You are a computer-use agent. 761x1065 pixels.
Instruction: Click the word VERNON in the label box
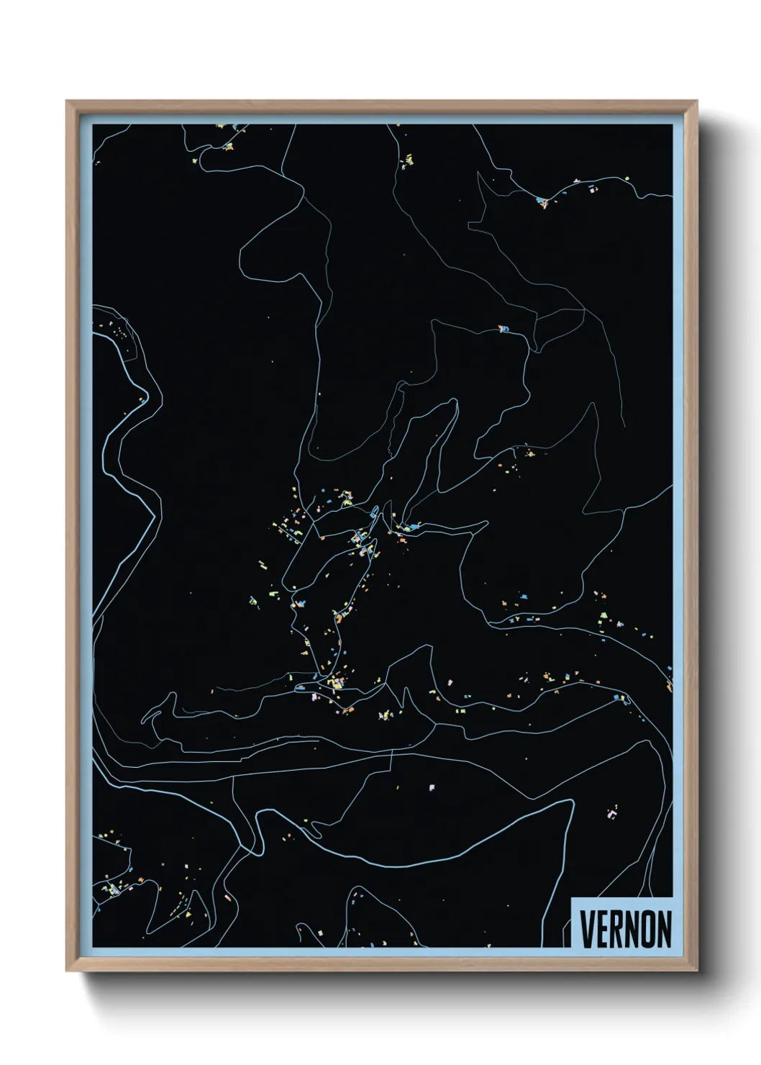pyautogui.click(x=625, y=929)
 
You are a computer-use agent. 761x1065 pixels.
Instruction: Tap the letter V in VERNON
pyautogui.click(x=587, y=929)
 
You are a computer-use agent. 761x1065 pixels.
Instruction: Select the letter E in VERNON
pyautogui.click(x=602, y=929)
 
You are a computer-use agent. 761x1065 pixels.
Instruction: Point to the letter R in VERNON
pyautogui.click(x=616, y=929)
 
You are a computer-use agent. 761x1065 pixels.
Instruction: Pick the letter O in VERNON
pyautogui.click(x=647, y=929)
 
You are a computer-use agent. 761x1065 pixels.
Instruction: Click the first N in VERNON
pyautogui.click(x=632, y=929)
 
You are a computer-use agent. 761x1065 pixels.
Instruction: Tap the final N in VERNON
pyautogui.click(x=664, y=929)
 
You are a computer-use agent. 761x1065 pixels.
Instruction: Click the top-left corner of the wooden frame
pyautogui.click(x=67, y=101)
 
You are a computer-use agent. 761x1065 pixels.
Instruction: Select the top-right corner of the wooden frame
pyautogui.click(x=696, y=101)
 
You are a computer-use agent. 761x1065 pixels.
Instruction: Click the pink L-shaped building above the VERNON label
pyautogui.click(x=612, y=814)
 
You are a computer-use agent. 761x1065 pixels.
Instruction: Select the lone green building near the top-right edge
pyautogui.click(x=626, y=178)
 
